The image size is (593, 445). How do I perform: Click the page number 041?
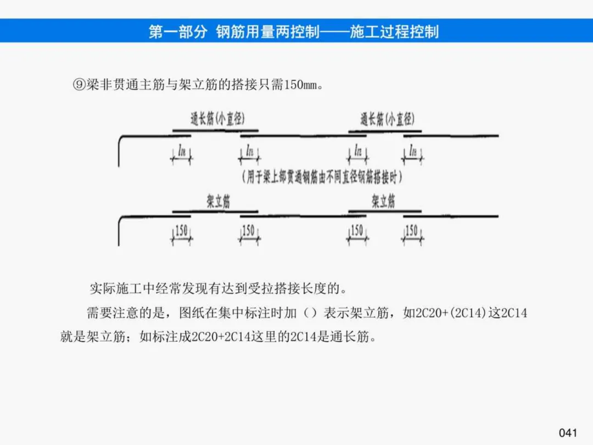568,432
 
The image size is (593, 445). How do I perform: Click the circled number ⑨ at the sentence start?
79,85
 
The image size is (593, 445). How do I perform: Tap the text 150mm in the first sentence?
301,86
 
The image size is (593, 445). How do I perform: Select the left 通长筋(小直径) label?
217,119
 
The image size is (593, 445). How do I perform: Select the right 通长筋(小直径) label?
387,119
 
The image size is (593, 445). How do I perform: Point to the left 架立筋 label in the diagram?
218,202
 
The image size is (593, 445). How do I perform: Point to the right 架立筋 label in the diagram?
383,202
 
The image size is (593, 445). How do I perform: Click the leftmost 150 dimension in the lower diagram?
182,231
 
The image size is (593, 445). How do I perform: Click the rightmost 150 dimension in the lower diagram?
412,231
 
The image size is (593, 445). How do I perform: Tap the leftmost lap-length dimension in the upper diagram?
182,150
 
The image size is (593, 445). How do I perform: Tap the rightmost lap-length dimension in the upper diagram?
412,150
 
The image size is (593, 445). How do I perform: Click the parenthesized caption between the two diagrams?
322,177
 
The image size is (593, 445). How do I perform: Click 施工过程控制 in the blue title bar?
394,31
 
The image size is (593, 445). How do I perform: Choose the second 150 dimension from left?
249,231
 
